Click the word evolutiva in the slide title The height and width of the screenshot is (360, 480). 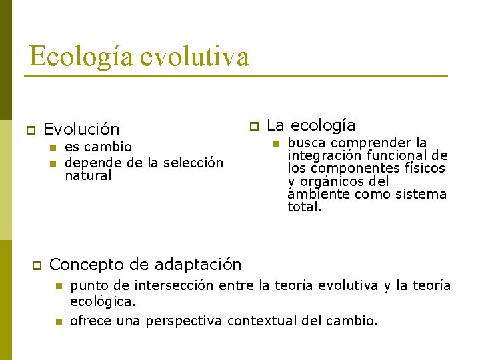pos(195,57)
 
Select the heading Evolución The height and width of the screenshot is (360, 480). pos(81,129)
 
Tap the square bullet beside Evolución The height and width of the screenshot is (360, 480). pos(29,129)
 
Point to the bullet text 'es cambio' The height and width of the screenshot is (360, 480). pos(98,147)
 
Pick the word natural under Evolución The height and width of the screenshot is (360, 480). pos(88,176)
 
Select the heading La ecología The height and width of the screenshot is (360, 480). pos(311,125)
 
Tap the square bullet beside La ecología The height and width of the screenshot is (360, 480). pos(253,125)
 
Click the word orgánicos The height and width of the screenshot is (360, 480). pos(333,181)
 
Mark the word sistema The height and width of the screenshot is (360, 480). pos(421,195)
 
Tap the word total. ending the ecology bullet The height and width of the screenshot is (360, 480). pos(305,207)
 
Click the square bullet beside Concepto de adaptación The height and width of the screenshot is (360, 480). pos(37,265)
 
